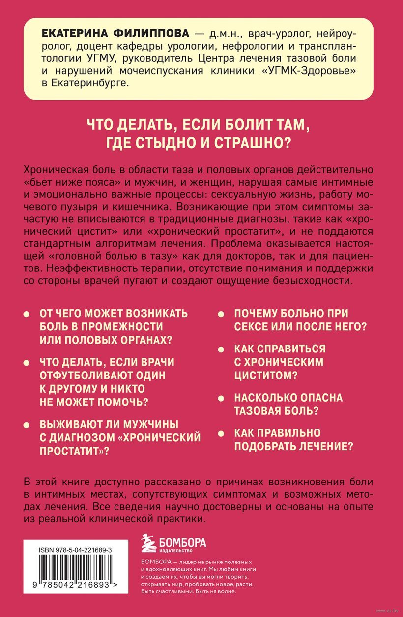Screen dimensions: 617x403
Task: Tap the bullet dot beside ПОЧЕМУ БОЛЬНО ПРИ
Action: (x=222, y=314)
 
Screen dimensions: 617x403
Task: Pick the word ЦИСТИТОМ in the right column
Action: (x=264, y=376)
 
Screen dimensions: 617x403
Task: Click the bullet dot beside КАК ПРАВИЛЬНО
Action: (x=222, y=433)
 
